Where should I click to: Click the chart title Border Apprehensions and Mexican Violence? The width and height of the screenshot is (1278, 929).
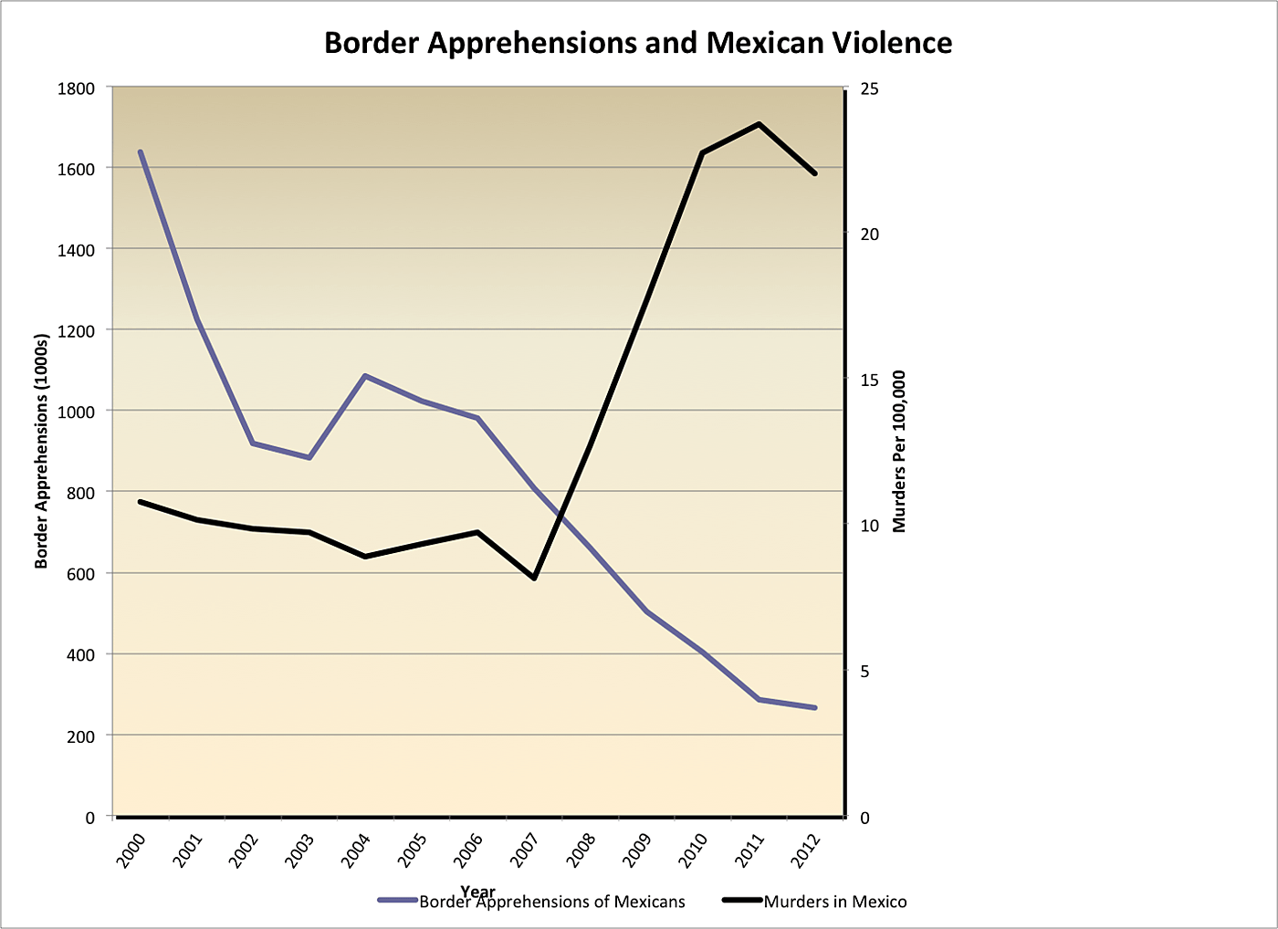(638, 43)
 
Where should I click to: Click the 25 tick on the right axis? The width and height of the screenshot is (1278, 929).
(869, 89)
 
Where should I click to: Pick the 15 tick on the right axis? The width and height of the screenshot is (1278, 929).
(869, 380)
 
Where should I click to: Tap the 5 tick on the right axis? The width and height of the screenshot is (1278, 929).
(865, 672)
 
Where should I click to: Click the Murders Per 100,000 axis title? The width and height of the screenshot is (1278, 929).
(900, 451)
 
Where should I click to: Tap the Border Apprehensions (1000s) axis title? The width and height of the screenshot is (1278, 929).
(41, 451)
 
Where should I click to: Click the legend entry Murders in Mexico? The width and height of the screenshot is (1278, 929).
(835, 902)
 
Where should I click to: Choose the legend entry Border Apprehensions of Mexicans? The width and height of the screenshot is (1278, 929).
(551, 902)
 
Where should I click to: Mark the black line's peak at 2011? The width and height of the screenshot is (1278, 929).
(759, 123)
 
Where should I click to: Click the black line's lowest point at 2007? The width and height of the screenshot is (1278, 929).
(534, 578)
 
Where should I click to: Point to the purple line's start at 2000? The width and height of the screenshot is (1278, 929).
(141, 151)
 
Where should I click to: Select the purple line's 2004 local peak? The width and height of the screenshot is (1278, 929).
(365, 375)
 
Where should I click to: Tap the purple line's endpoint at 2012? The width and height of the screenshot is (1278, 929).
(814, 707)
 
